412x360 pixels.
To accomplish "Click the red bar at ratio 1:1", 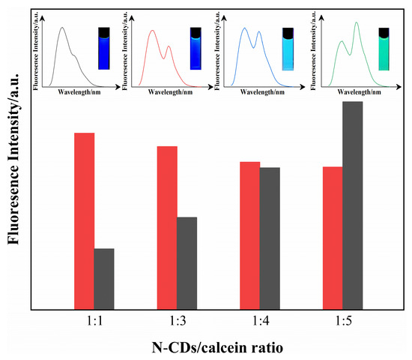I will (x=84, y=220).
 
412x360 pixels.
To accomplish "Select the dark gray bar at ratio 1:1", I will (x=104, y=278).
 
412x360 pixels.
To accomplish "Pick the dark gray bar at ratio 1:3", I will (x=187, y=262).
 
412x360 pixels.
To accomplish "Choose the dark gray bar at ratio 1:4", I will (x=270, y=238).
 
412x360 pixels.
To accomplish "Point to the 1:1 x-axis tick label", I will (x=94, y=319).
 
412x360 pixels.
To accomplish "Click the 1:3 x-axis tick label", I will (x=177, y=319).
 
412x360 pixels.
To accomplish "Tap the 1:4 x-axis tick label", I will (x=259, y=319).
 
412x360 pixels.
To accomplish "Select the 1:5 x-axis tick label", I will (x=342, y=319).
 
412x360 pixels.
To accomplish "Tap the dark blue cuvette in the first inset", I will (x=105, y=48).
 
